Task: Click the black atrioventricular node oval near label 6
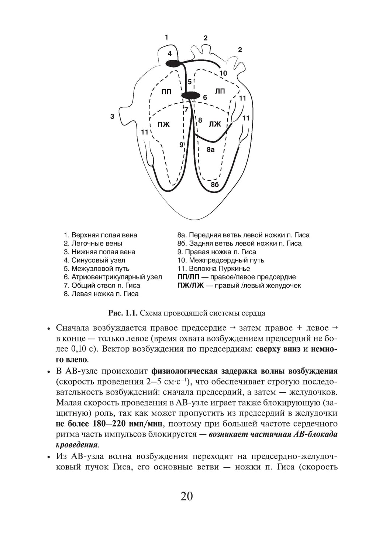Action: pos(190,96)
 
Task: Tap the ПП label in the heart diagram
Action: pos(166,92)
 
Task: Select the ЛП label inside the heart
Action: pos(220,91)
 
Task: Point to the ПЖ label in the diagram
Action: pos(163,124)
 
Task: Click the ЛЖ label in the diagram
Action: pos(215,124)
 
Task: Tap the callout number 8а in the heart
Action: pos(210,149)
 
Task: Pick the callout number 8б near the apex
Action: pos(215,185)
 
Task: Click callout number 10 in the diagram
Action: pos(223,73)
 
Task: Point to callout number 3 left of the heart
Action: pos(112,116)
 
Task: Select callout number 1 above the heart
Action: pos(166,37)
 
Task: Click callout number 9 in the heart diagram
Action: pos(181,145)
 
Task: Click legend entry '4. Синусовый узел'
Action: pos(94,260)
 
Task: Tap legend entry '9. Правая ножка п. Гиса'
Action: pos(217,252)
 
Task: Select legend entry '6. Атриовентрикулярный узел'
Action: pos(113,277)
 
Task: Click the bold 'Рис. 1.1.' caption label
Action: pos(123,313)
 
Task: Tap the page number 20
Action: pos(187,496)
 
